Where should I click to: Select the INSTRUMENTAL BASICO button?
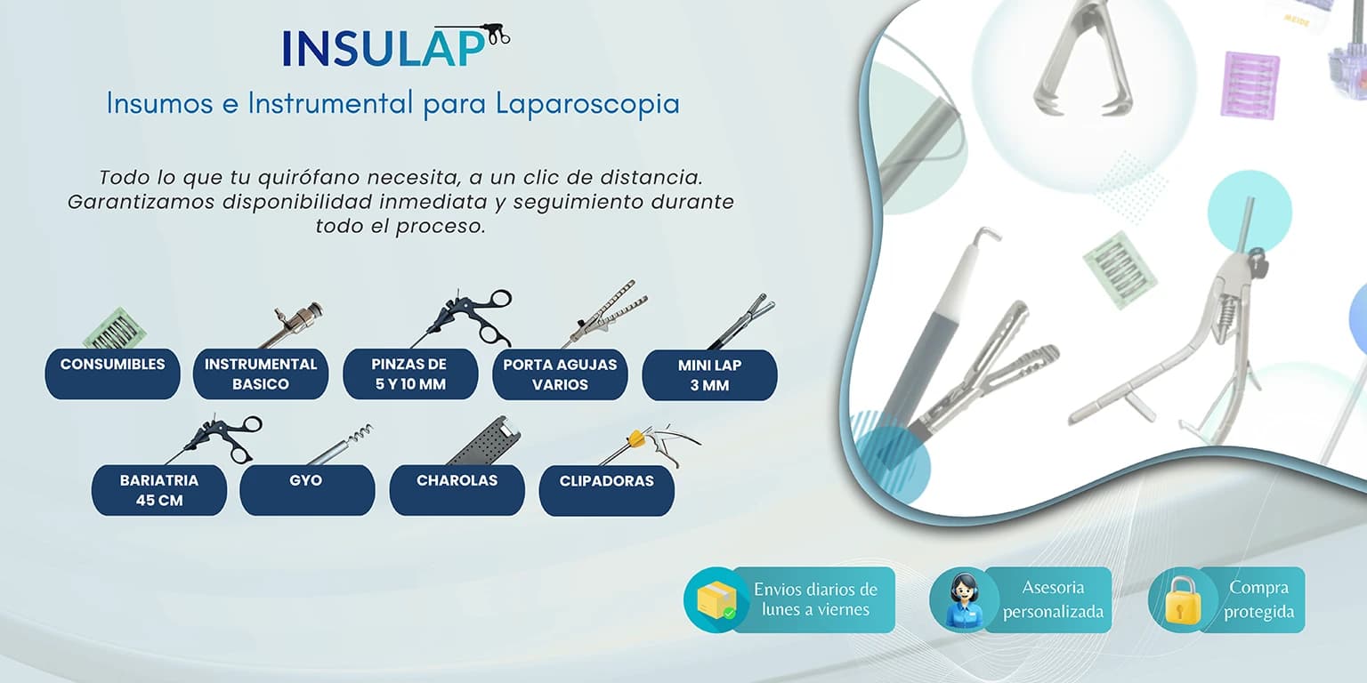click(x=261, y=374)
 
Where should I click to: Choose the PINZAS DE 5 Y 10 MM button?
click(x=410, y=374)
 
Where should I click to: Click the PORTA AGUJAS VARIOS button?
click(x=560, y=374)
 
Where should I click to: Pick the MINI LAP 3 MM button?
click(x=709, y=374)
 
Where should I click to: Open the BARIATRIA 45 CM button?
click(x=159, y=490)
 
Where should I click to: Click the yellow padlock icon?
click(x=1183, y=599)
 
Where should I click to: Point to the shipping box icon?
click(x=716, y=600)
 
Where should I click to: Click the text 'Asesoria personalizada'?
click(x=1053, y=599)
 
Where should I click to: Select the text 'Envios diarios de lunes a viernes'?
click(x=815, y=599)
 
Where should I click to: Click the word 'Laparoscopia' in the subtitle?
click(x=587, y=104)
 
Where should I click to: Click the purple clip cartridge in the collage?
click(x=1250, y=84)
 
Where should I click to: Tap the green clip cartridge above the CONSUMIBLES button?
click(x=114, y=329)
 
